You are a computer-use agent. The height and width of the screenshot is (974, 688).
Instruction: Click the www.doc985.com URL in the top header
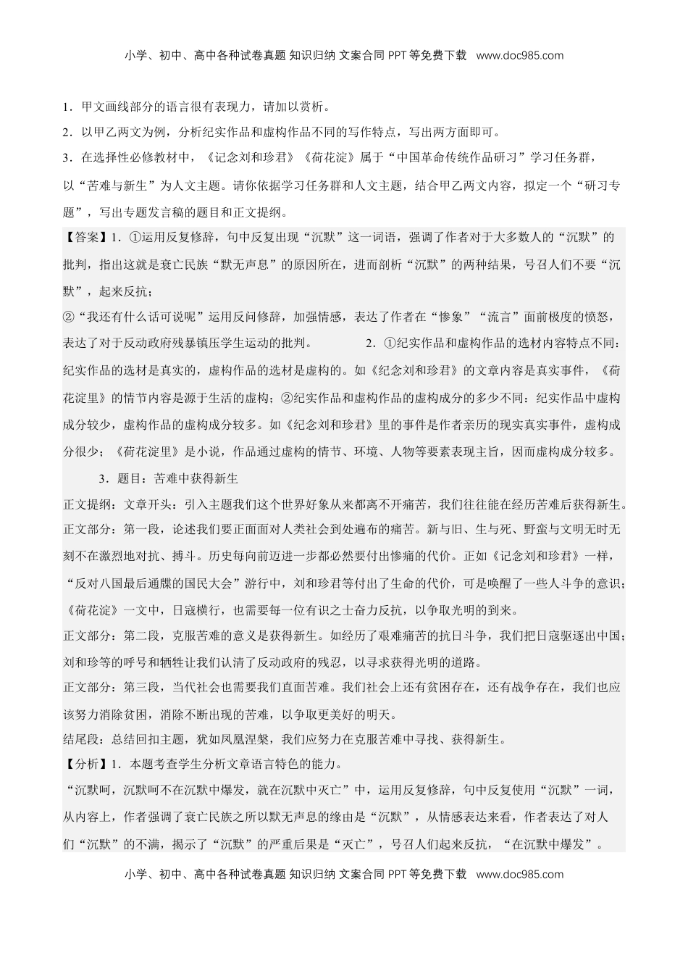[520, 55]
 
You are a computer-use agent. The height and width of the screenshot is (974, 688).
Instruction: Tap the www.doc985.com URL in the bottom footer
[520, 874]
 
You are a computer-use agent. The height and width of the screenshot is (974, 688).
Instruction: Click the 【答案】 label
[85, 237]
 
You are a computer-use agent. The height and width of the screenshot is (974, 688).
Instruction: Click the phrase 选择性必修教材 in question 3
[135, 157]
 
